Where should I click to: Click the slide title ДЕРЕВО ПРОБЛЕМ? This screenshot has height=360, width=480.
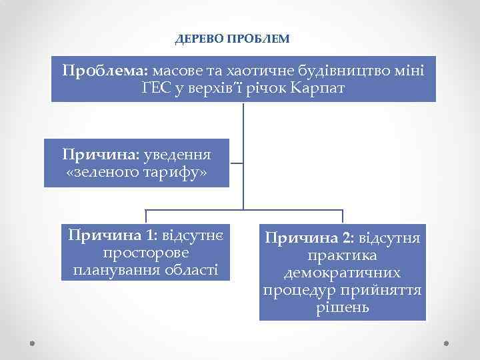tap(232, 39)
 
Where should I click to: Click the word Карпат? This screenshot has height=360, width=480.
tap(318, 87)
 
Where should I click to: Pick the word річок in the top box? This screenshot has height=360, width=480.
tap(267, 87)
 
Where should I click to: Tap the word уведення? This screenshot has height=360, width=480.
tap(178, 155)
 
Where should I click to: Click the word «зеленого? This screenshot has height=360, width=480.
tap(102, 173)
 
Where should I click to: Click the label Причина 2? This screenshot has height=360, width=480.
tap(309, 237)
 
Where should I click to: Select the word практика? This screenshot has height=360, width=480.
tap(343, 255)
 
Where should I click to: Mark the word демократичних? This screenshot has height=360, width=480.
tap(343, 273)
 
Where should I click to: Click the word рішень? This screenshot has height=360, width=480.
tap(343, 309)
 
